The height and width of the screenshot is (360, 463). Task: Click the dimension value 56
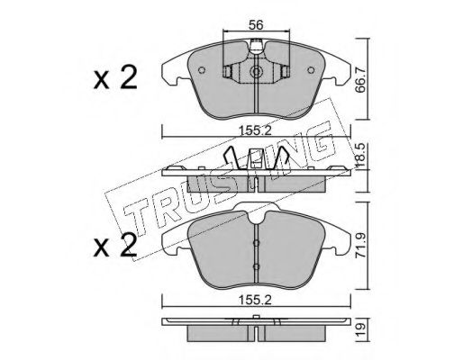tap(256, 25)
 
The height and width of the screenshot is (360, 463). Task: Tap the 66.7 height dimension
tap(361, 79)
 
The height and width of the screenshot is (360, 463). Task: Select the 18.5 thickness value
tap(361, 155)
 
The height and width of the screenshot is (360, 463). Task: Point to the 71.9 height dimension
tap(361, 245)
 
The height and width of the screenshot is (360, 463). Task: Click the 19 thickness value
tap(361, 330)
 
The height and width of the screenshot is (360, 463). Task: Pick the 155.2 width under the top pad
tap(255, 130)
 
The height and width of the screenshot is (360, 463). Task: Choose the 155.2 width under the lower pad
tap(255, 300)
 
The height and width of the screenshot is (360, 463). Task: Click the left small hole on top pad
tap(202, 70)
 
